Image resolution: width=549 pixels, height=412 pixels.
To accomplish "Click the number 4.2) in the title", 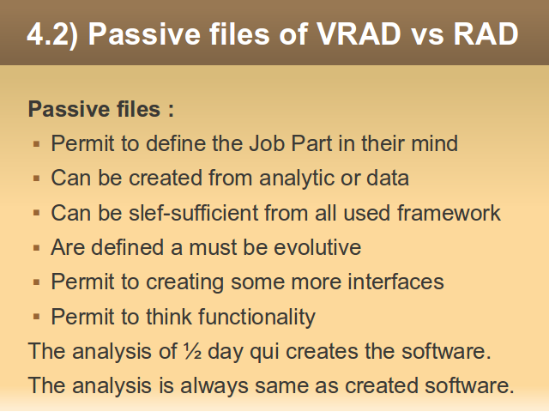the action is click(x=52, y=34).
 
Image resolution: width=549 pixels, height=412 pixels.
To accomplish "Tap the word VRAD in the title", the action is click(x=359, y=34).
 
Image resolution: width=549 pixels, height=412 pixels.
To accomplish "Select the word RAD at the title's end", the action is click(x=486, y=34).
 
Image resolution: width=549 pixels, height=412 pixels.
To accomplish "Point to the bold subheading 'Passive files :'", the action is click(x=101, y=109).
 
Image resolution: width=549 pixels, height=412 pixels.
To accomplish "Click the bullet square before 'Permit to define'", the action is click(x=36, y=143).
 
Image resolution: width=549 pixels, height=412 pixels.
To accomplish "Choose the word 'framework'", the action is click(x=449, y=213).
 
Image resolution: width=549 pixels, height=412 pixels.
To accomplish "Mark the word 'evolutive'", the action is click(x=317, y=247).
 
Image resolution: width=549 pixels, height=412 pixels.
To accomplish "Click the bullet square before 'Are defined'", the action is click(x=36, y=248).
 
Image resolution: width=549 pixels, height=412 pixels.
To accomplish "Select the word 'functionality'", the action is click(x=257, y=317).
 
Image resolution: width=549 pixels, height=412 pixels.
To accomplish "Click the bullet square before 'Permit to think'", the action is click(x=36, y=317).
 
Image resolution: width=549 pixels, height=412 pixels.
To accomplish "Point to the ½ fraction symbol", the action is click(x=192, y=351).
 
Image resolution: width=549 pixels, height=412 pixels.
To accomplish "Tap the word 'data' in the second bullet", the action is click(x=388, y=178).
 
